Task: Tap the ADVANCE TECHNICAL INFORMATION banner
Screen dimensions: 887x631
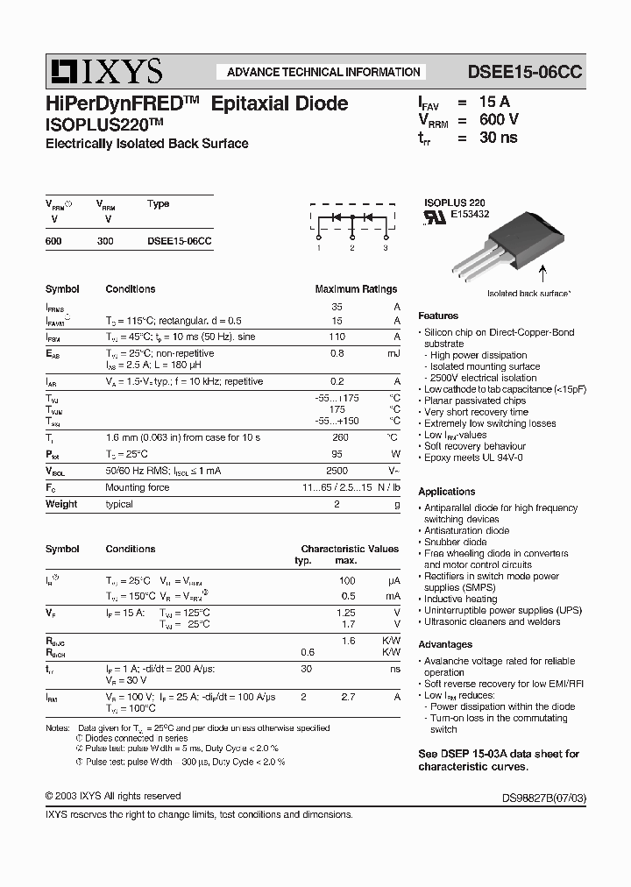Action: click(x=323, y=72)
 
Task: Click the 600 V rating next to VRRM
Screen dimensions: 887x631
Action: click(x=499, y=119)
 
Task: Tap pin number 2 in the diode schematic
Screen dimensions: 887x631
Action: click(x=351, y=249)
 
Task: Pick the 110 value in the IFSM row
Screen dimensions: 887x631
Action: click(x=337, y=337)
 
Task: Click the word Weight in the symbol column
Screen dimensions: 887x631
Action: click(x=61, y=504)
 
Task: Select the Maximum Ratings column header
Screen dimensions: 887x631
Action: click(x=356, y=288)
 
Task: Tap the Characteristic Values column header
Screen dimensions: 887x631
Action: click(x=350, y=549)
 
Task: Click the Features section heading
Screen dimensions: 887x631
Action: click(x=438, y=316)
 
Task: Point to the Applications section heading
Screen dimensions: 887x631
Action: click(x=447, y=492)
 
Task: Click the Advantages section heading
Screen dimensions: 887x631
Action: click(x=445, y=644)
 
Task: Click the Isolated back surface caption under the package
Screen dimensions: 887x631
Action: click(x=529, y=294)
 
